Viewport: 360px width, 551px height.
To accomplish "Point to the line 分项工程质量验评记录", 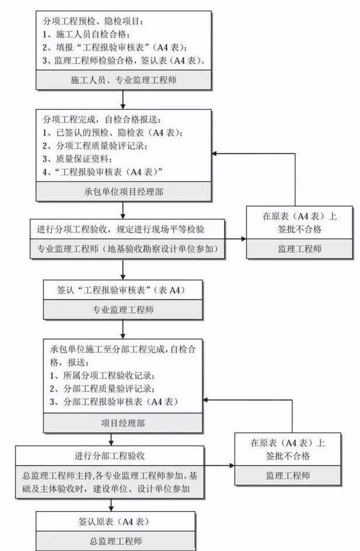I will pyautogui.click(x=96, y=146).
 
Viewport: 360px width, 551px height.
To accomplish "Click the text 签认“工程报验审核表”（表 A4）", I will pyautogui.click(x=123, y=288).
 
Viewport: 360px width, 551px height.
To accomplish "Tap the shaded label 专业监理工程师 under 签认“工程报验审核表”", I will pyautogui.click(x=123, y=309).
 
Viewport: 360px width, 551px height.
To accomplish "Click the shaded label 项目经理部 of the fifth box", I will pyautogui.click(x=123, y=424).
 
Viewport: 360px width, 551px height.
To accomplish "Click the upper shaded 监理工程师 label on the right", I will pyautogui.click(x=299, y=249).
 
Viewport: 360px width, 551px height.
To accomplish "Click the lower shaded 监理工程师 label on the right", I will pyautogui.click(x=288, y=475).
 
